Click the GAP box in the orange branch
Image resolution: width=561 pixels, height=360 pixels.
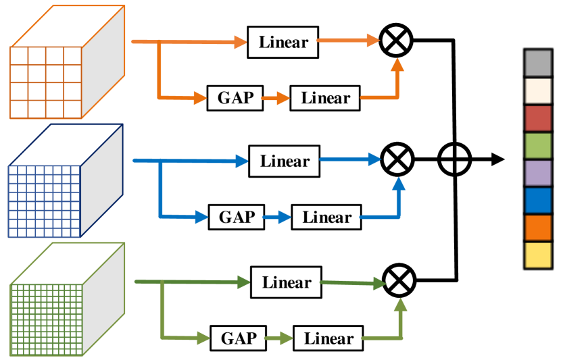click(235, 98)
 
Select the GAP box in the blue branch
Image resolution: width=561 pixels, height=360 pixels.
click(237, 217)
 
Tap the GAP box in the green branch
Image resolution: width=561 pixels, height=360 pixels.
click(239, 338)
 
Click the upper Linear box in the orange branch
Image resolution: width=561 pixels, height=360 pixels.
click(283, 42)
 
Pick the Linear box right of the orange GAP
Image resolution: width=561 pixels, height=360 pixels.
click(326, 98)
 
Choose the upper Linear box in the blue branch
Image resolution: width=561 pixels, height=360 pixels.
click(285, 161)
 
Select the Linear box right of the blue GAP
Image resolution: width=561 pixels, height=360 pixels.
click(327, 217)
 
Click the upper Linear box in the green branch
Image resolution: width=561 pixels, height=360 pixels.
click(287, 282)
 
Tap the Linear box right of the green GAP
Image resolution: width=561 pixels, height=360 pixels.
click(328, 338)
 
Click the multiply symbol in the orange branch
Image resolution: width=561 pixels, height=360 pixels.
click(396, 41)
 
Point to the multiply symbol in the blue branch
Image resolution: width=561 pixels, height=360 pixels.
click(397, 160)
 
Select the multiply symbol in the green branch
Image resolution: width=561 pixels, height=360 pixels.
click(399, 281)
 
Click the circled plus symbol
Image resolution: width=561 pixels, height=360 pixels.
click(454, 160)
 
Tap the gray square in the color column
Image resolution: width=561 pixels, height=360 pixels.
click(538, 63)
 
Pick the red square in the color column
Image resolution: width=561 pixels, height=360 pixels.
click(538, 118)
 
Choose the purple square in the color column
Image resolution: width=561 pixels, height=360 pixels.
click(538, 173)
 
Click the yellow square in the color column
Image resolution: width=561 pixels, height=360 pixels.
click(538, 255)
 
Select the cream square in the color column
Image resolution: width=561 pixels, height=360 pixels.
click(538, 91)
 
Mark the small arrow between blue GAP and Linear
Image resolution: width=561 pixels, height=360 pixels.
click(277, 217)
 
